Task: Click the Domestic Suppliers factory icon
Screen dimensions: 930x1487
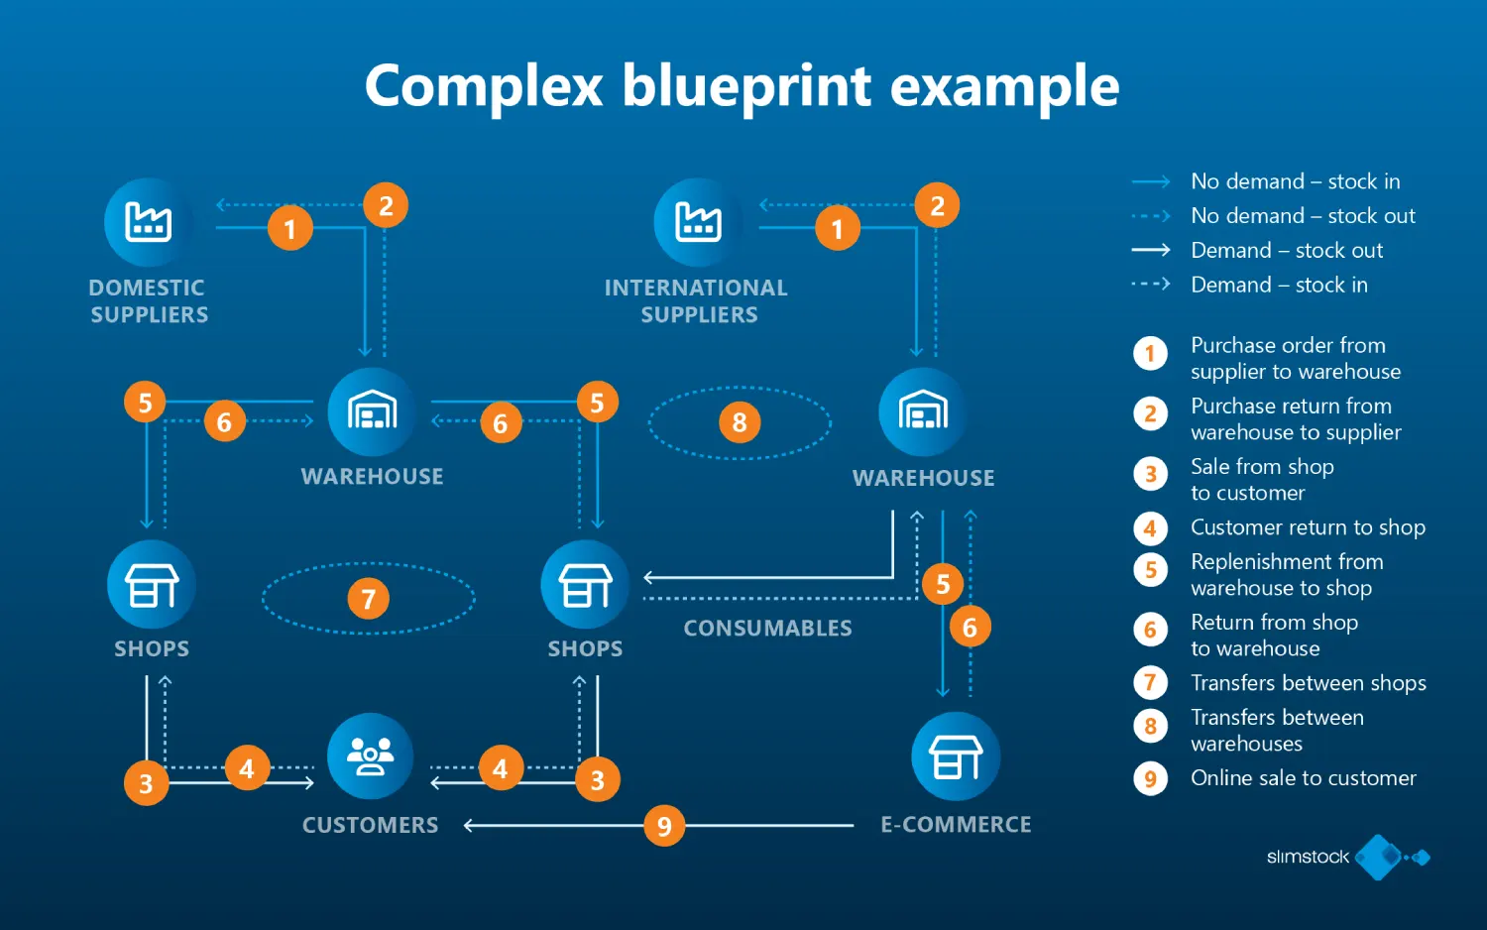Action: pyautogui.click(x=148, y=222)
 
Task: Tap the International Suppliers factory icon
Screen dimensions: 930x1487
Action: pyautogui.click(x=698, y=222)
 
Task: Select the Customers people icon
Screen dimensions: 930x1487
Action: pyautogui.click(x=370, y=756)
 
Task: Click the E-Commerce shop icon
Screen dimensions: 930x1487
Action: pyautogui.click(x=956, y=756)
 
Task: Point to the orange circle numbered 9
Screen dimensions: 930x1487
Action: pyautogui.click(x=664, y=826)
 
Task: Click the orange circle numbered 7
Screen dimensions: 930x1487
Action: pyautogui.click(x=368, y=599)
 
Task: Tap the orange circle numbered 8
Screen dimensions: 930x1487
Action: pyautogui.click(x=739, y=422)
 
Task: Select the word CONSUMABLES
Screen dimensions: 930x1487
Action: pyautogui.click(x=767, y=629)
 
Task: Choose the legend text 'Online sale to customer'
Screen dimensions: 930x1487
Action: pyautogui.click(x=1303, y=778)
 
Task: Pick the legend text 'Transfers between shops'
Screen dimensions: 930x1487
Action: pyautogui.click(x=1308, y=683)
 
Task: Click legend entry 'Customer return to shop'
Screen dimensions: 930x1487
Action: pyautogui.click(x=1308, y=527)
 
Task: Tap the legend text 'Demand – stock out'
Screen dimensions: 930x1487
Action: pyautogui.click(x=1286, y=251)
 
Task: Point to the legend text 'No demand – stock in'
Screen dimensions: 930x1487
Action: pyautogui.click(x=1295, y=181)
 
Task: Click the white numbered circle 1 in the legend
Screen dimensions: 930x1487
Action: pyautogui.click(x=1150, y=354)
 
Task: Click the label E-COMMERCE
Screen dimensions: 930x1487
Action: pyautogui.click(x=956, y=825)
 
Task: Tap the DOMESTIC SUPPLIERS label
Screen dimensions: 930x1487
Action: pyautogui.click(x=149, y=301)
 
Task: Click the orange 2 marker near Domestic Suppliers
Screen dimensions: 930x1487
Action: pyautogui.click(x=386, y=205)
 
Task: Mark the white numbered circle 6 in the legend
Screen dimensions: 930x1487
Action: pyautogui.click(x=1150, y=630)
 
